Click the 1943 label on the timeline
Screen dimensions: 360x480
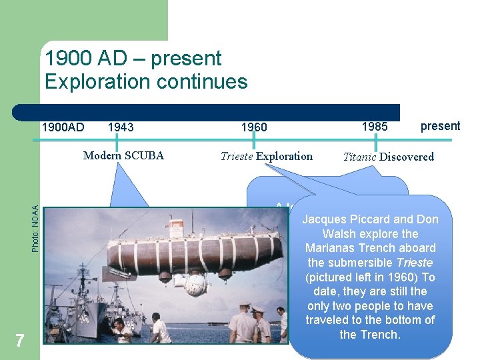[120, 127]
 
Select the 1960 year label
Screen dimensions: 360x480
[253, 127]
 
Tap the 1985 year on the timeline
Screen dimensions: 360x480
[374, 126]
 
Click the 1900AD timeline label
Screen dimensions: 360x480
[63, 127]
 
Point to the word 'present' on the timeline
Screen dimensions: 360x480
[440, 126]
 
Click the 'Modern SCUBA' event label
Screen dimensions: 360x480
[123, 156]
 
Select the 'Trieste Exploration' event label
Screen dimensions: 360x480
[266, 156]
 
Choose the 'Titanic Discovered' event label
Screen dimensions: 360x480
[388, 157]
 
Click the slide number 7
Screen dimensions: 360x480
[19, 341]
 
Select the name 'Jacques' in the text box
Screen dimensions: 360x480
[325, 219]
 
